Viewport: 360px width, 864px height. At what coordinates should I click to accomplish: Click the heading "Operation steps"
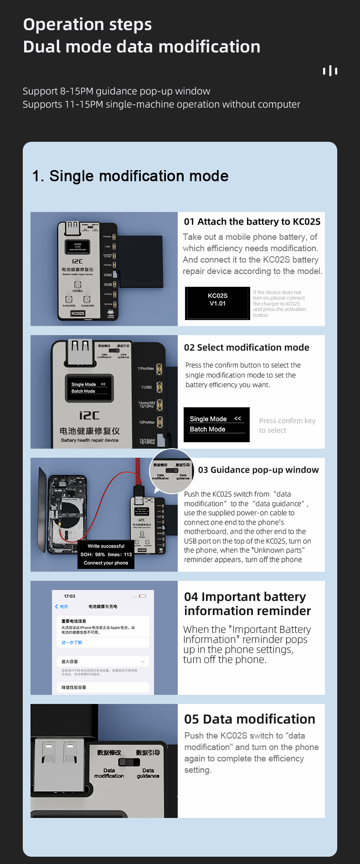click(87, 25)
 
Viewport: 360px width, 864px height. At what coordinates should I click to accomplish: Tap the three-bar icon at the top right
click(330, 71)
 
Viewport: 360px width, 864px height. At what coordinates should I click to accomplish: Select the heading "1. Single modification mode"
click(130, 176)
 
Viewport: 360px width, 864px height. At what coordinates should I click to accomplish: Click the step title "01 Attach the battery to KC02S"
click(252, 222)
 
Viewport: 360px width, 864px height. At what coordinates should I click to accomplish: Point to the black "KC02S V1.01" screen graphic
click(217, 303)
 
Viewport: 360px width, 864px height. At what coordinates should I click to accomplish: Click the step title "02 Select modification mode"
click(247, 347)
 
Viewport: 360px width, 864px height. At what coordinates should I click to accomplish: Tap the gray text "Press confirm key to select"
click(287, 425)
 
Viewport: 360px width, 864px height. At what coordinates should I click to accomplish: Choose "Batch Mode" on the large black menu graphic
click(208, 429)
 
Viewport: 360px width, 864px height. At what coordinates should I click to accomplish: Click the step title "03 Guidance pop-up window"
click(258, 470)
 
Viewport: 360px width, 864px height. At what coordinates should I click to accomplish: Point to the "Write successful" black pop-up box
click(106, 554)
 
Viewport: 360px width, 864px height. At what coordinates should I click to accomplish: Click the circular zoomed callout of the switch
click(172, 471)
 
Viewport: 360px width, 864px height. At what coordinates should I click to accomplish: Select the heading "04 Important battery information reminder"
click(247, 604)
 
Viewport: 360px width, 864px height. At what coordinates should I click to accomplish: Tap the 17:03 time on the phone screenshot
click(70, 596)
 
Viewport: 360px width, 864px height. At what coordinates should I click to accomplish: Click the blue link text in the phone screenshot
click(72, 642)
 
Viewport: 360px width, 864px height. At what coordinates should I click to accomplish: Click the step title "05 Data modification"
click(249, 719)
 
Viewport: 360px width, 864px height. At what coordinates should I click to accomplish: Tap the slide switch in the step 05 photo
click(129, 762)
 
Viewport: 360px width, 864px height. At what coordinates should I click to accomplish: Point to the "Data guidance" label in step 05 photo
click(148, 773)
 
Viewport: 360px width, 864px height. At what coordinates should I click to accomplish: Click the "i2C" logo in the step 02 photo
click(89, 415)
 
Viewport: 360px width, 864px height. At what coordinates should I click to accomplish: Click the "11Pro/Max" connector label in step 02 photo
click(146, 368)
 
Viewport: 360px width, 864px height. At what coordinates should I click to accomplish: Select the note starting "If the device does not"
click(279, 304)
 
